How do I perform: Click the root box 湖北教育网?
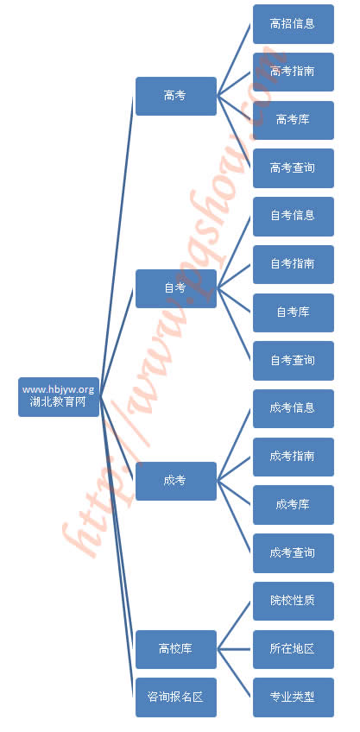coord(59,397)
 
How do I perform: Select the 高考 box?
coord(176,96)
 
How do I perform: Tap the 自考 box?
coord(176,288)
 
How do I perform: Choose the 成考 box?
coord(176,481)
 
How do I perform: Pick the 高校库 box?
coord(176,649)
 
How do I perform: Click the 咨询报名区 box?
coord(176,697)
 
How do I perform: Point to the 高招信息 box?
coord(294,24)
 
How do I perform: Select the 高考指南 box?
coord(294,72)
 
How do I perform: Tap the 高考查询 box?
coord(294,168)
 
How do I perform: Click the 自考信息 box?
coord(294,216)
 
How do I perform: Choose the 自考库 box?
coord(294,312)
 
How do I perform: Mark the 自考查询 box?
coord(294,361)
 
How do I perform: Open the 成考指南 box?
coord(294,457)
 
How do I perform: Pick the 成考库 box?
coord(294,505)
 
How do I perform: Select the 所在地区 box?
coord(294,649)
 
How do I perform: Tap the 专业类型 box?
coord(294,697)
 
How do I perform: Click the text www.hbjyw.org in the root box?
coord(59,390)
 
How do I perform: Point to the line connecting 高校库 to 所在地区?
coord(235,649)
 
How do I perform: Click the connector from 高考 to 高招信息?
coord(235,60)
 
